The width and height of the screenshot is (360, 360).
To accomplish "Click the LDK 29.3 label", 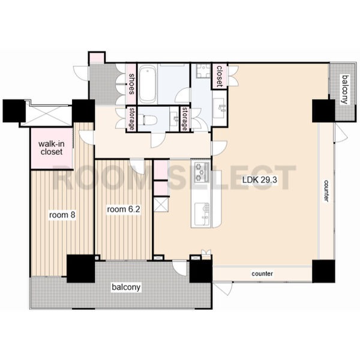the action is pos(259,180).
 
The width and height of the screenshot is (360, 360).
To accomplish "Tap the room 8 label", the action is pos(62,215).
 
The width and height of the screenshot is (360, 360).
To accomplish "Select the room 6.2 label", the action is pos(124,209).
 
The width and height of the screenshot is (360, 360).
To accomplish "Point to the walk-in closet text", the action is pos(52,148).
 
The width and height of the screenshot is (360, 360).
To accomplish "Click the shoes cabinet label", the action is pos(131,84).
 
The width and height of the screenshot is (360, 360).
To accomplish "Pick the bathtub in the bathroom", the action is pos(148,84).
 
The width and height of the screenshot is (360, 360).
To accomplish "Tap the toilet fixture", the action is pos(150,119).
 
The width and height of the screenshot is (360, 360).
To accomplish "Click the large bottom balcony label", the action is pos(126,287).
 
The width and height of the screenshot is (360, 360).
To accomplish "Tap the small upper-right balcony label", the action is pos(345,89).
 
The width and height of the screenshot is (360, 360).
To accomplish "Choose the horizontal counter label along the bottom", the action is pos(262,274).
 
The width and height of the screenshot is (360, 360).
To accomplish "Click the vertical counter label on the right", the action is pos(326,191).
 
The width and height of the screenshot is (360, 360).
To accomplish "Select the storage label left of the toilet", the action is pos(131,119).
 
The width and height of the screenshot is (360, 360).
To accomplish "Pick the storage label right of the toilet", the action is pos(184,119).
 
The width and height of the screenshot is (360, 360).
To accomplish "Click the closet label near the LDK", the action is pos(220,76).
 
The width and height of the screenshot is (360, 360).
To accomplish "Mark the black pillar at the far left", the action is pos(14,110).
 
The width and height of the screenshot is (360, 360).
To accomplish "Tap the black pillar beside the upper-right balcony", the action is pos(323,110).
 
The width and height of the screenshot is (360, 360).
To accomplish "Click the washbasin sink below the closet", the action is pos(219,108).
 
